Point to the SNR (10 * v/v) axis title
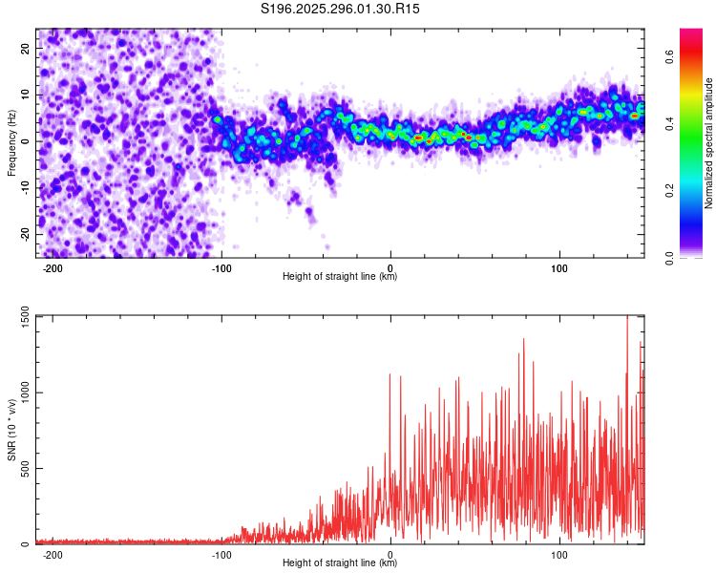tap(11, 430)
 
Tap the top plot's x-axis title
tap(340, 277)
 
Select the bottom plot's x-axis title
tap(340, 563)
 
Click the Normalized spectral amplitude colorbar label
tap(709, 143)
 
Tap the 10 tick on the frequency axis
tap(26, 95)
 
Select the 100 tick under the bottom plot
tap(558, 554)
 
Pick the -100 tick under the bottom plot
tap(221, 554)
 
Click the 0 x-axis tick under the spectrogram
tap(390, 267)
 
